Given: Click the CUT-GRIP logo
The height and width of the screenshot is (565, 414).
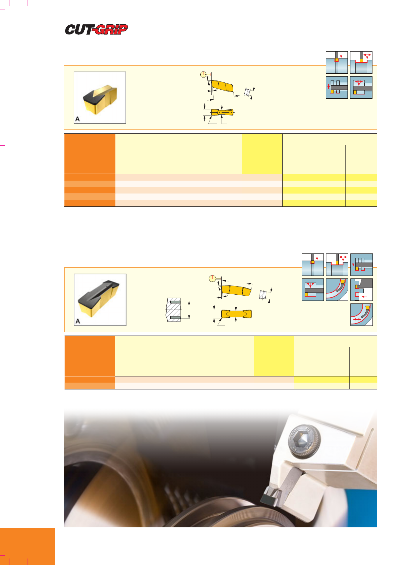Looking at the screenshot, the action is tap(96, 30).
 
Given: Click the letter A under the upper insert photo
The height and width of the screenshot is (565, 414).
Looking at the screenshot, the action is tap(77, 119).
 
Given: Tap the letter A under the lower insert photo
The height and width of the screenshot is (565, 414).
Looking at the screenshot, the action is tap(78, 321).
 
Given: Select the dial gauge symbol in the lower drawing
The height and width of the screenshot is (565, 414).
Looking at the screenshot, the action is tap(212, 278).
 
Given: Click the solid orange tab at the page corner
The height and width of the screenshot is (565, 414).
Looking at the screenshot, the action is tap(28, 546).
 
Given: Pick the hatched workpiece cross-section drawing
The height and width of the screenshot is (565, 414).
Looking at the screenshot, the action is tap(174, 310).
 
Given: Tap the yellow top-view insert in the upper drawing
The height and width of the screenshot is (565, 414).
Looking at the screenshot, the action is tap(222, 112).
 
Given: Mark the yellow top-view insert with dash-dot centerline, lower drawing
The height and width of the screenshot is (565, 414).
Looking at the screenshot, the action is tap(236, 314).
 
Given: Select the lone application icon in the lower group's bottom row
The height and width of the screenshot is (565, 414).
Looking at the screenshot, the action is tap(361, 314).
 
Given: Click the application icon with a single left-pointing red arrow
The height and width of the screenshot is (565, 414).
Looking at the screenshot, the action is tap(361, 289).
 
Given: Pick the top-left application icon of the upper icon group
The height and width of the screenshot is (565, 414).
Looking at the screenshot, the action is tap(337, 62).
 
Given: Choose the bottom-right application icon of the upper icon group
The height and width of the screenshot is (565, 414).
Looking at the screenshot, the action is tap(361, 87).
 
